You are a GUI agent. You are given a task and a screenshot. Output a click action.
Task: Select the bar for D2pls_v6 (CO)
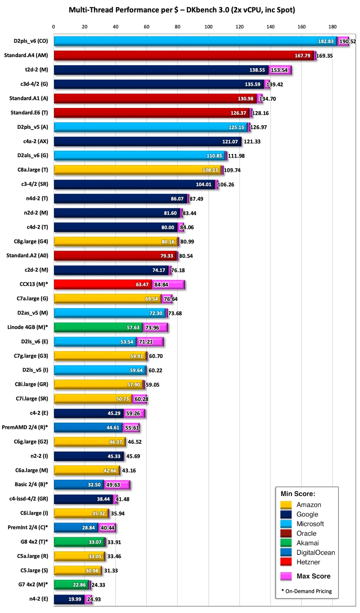click(189, 41)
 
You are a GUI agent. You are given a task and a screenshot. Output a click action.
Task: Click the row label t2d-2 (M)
click(37, 70)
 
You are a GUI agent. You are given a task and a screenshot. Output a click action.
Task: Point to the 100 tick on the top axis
click(209, 27)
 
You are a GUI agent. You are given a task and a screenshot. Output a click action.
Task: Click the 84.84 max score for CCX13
click(174, 284)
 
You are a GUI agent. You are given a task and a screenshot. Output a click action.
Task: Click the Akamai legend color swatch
click(286, 543)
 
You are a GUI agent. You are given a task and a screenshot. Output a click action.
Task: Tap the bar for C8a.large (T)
click(130, 170)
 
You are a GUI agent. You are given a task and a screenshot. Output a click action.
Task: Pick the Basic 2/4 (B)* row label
click(32, 484)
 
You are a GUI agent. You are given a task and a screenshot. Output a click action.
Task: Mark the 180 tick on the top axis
click(333, 27)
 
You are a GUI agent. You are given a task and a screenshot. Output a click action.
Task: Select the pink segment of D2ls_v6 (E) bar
click(150, 341)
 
